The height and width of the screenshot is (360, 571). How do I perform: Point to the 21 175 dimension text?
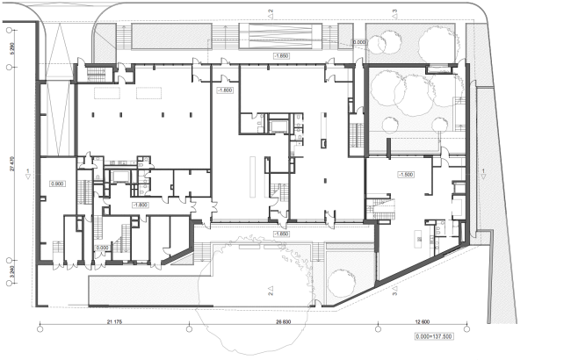[x=113, y=322]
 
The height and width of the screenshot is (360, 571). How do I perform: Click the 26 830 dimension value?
[x=283, y=322]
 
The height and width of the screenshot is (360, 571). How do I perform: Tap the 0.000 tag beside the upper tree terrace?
[x=358, y=41]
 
